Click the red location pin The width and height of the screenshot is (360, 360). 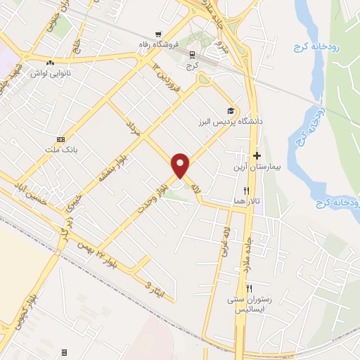click(181, 165)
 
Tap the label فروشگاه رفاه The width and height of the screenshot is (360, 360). click(160, 43)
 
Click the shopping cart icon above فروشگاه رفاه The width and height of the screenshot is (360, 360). click(160, 32)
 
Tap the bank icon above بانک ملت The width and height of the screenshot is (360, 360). click(60, 139)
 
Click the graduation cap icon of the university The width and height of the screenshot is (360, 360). click(229, 110)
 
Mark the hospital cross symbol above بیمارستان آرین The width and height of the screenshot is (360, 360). click(257, 156)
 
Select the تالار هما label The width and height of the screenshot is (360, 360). click(248, 201)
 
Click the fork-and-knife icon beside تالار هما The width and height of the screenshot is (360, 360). click(246, 191)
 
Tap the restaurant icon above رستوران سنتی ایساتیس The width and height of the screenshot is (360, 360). click(249, 289)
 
